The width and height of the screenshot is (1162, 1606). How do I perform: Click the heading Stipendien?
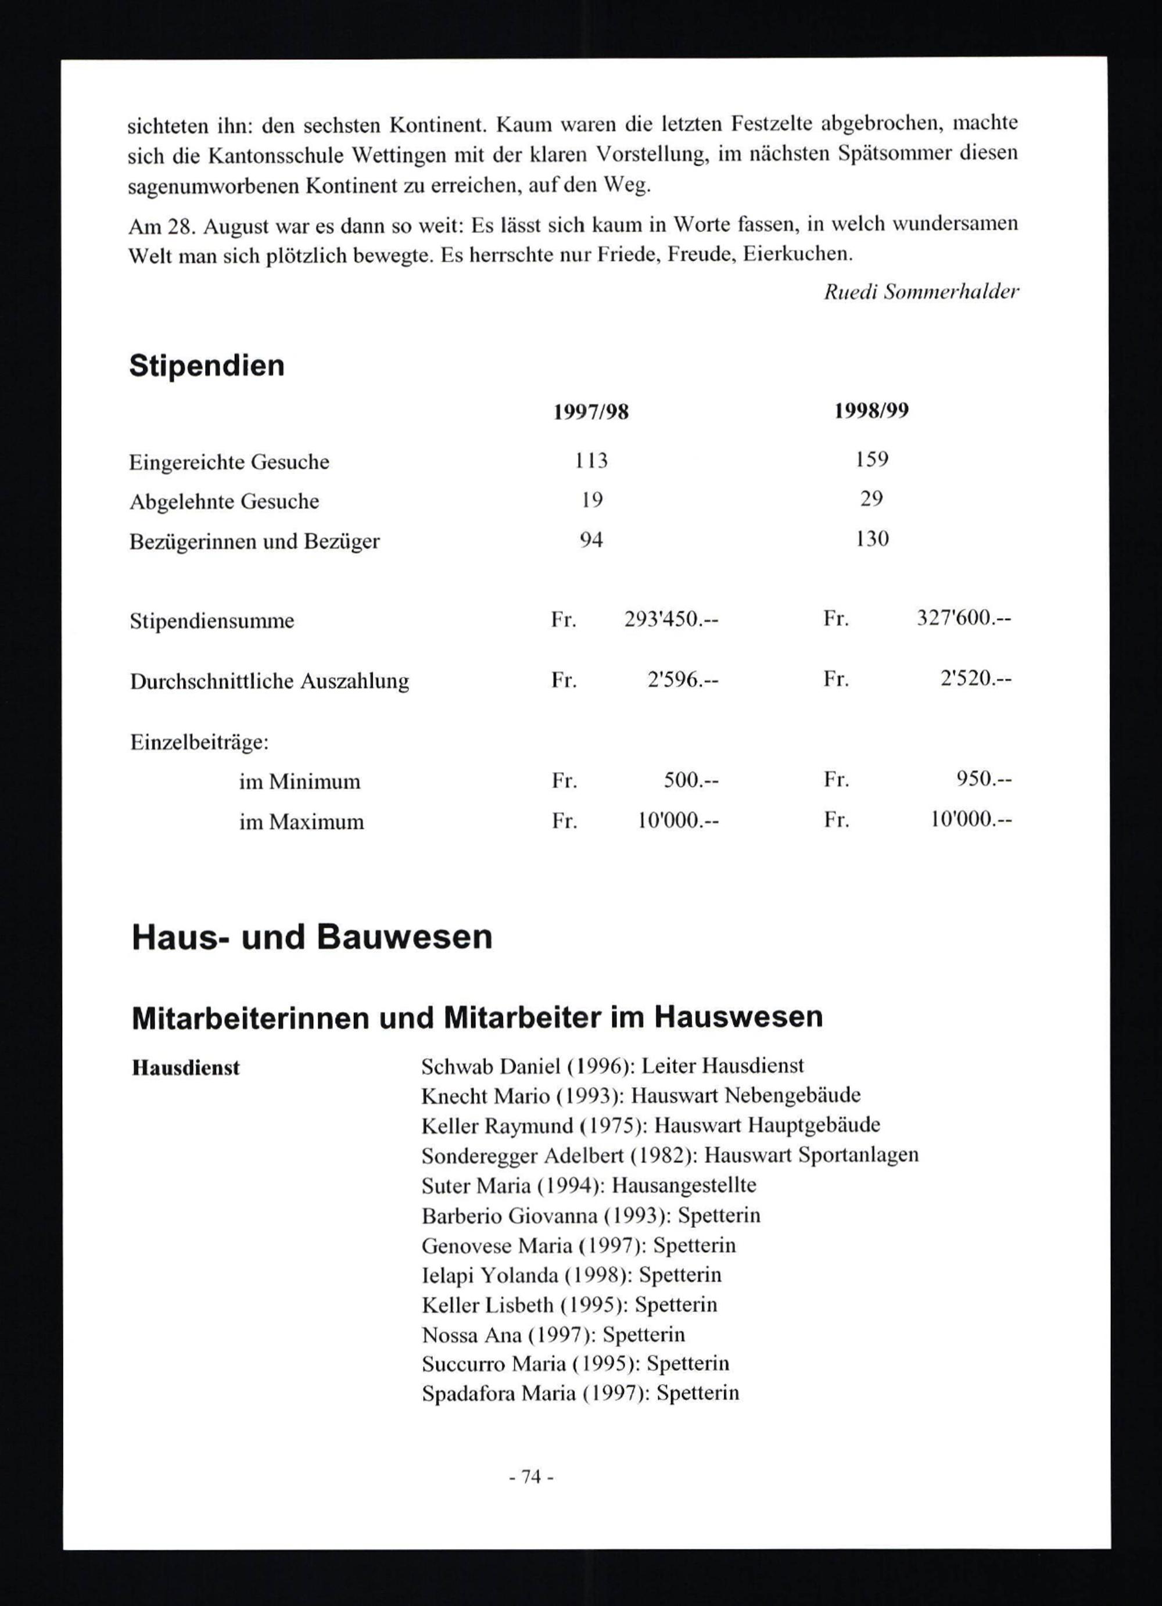coord(206,366)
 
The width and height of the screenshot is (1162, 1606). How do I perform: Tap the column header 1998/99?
coord(871,411)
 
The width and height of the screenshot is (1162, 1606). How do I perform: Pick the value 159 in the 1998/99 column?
coord(871,460)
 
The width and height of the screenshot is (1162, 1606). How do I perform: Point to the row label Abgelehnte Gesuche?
coord(224,501)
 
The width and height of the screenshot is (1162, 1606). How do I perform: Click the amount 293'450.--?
coord(671,619)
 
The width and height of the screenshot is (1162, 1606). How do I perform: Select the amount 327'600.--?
coord(964,618)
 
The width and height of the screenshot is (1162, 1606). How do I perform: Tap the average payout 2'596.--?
coord(683,680)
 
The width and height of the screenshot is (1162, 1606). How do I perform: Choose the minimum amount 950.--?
coord(984,779)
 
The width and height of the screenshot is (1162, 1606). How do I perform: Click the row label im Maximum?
coord(301,822)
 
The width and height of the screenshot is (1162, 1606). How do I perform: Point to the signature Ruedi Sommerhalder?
coord(921,292)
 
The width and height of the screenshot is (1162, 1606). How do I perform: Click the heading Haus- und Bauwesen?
coord(311,937)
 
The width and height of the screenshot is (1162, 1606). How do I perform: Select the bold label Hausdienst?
coord(185,1068)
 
